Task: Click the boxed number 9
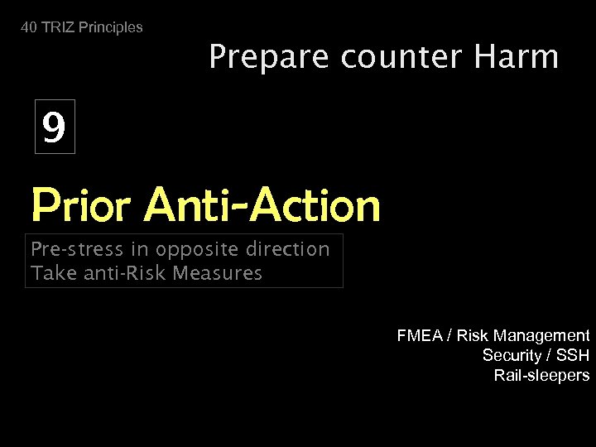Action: (55, 127)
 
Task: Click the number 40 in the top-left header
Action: (29, 27)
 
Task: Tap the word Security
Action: (509, 355)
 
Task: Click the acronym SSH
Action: (573, 355)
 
